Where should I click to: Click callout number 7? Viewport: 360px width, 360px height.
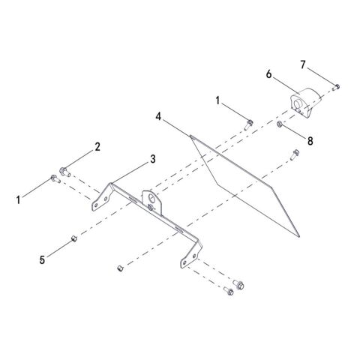click(303, 64)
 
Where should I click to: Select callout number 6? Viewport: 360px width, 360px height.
click(268, 74)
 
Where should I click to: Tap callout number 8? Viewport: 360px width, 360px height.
click(310, 141)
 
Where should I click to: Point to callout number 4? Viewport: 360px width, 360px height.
click(158, 116)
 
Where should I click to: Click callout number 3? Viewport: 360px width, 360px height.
click(153, 159)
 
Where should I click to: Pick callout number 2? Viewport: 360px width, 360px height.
click(97, 147)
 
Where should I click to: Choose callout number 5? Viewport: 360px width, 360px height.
click(42, 260)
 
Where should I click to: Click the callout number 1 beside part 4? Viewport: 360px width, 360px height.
click(217, 101)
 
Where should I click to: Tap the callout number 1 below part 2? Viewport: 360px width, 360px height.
click(18, 200)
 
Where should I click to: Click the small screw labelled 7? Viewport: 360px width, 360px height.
click(336, 87)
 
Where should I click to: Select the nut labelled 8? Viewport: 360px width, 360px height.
click(280, 124)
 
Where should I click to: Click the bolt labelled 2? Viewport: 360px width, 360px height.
click(64, 172)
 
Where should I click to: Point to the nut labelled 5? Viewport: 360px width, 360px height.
click(74, 238)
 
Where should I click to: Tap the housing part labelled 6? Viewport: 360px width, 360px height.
click(307, 103)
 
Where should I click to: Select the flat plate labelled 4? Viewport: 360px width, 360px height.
click(244, 186)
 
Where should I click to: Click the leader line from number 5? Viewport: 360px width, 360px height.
click(59, 248)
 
